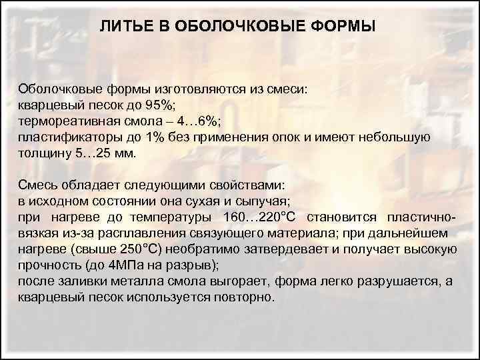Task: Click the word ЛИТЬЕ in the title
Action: pyautogui.click(x=123, y=27)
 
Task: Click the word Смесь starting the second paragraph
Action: pyautogui.click(x=37, y=185)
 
